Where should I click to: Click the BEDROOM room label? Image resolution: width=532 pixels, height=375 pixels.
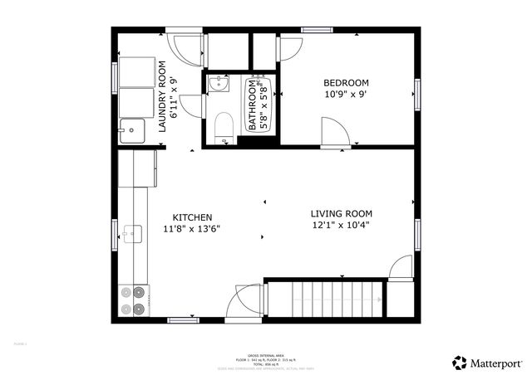[x=346, y=83]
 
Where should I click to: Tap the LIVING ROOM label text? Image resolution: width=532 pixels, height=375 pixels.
[x=341, y=212]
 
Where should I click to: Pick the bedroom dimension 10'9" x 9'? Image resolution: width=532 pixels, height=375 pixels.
[x=347, y=95]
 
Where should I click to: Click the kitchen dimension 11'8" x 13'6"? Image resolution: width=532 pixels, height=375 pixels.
[x=191, y=229]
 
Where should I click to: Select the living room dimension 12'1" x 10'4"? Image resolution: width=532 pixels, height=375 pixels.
[x=341, y=224]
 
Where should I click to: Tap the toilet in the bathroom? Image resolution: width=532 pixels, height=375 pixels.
[x=223, y=129]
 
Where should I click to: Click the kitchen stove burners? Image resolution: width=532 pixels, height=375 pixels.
[x=133, y=300]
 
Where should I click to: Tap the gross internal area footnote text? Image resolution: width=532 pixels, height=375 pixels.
[x=266, y=358]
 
